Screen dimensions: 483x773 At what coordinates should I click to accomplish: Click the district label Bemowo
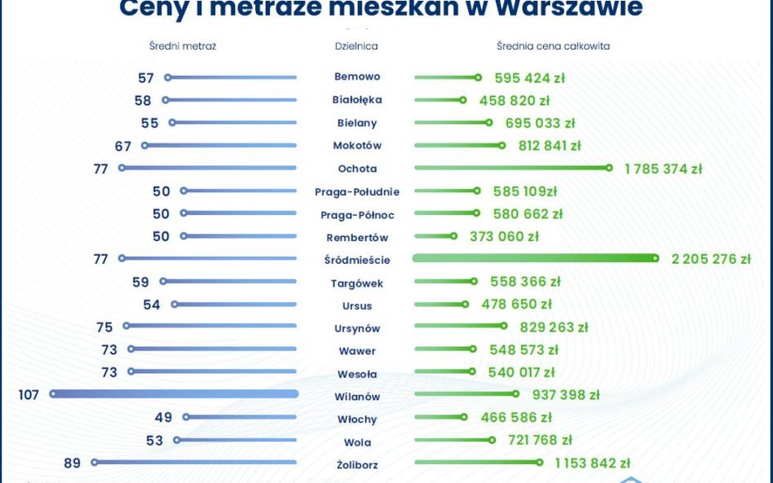356,77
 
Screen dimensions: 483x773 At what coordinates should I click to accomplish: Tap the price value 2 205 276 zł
710,260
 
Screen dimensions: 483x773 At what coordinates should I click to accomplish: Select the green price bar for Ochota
511,168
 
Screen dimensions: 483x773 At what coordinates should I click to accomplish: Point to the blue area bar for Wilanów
174,393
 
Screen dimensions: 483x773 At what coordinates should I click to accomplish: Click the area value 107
30,395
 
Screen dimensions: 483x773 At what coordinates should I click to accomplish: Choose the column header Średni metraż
183,46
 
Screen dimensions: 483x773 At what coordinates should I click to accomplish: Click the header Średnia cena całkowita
553,46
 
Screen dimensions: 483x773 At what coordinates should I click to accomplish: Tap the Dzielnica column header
356,46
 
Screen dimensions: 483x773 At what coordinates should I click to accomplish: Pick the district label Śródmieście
363,261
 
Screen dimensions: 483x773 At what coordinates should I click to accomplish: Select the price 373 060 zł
504,237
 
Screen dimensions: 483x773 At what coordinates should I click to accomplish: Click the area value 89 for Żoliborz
72,463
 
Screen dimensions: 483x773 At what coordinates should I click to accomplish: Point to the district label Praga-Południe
357,192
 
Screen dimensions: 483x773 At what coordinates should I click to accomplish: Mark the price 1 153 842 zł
592,463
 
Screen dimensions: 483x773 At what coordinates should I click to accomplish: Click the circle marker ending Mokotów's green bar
501,146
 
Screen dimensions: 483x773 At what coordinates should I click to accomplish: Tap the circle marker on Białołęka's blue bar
166,100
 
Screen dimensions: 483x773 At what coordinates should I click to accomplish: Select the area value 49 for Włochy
163,418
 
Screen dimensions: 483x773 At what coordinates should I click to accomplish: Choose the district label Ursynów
357,329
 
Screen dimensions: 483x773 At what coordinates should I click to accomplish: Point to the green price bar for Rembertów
434,236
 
